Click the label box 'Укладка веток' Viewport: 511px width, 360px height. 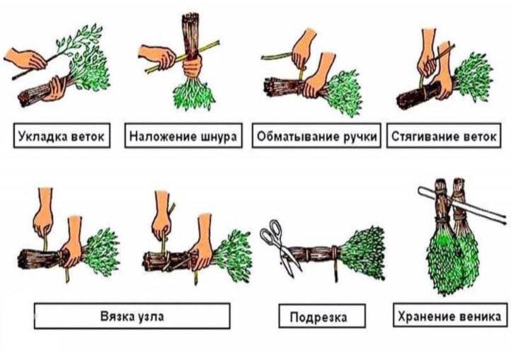[62, 136]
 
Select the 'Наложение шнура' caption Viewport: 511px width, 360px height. [183, 136]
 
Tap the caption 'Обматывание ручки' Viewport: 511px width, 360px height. [316, 136]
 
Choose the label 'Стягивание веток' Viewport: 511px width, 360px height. [444, 136]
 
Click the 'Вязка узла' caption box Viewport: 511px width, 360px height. [132, 316]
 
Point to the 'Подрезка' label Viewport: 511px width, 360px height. [322, 316]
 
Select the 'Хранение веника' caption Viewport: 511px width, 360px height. [450, 315]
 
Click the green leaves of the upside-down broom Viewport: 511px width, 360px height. [194, 95]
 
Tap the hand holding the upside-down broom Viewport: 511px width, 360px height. [192, 66]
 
